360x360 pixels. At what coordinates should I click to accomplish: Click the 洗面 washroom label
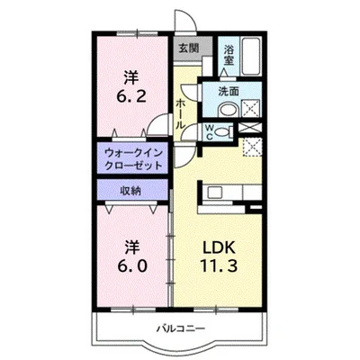tap(229, 92)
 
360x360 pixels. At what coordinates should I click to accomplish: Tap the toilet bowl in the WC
tap(226, 130)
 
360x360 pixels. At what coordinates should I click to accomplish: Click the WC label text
tap(210, 131)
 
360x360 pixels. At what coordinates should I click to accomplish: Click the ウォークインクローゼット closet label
tap(132, 159)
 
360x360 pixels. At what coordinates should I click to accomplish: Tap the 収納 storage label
tap(131, 190)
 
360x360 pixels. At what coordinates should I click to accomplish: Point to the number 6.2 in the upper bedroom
tap(131, 92)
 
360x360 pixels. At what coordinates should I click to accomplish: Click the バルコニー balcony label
tap(178, 328)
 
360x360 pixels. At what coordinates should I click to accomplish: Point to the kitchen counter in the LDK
tap(229, 193)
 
